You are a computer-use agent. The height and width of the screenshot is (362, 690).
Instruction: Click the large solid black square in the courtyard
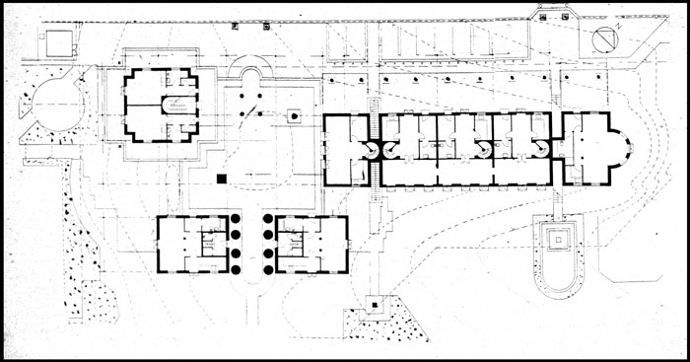click(x=223, y=179)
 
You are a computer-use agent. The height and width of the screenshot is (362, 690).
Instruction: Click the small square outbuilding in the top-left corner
click(x=57, y=42)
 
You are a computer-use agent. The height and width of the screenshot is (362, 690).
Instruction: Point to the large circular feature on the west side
click(x=49, y=102)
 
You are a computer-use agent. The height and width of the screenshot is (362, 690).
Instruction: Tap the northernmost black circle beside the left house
click(x=237, y=220)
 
